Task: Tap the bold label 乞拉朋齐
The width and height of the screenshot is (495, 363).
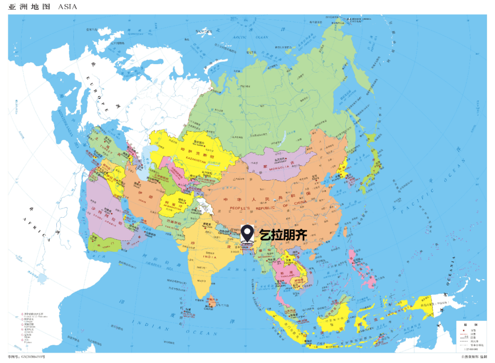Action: (283, 235)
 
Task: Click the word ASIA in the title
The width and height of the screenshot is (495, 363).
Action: (67, 7)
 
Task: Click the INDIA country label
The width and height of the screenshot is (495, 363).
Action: (209, 257)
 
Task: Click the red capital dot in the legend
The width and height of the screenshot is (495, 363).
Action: (463, 330)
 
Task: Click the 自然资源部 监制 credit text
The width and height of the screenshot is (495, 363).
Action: (474, 357)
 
